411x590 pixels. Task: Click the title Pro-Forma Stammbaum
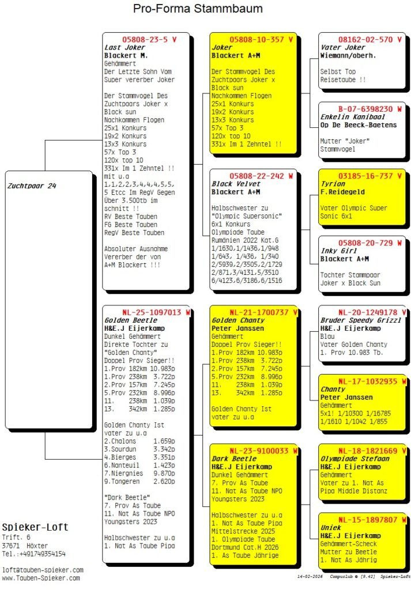(198, 9)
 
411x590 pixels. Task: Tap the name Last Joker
(125, 48)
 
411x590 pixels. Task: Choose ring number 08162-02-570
(362, 40)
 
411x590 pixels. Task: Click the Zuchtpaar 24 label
(32, 186)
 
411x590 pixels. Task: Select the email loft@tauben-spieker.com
(43, 570)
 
